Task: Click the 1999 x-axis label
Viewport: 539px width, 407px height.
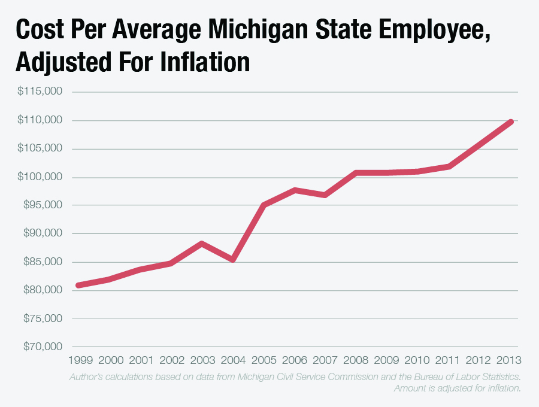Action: pos(80,360)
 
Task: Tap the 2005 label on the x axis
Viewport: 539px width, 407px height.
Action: pos(264,360)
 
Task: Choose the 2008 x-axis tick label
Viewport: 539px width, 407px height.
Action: pos(356,360)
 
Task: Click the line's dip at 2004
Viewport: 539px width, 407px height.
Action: pos(232,260)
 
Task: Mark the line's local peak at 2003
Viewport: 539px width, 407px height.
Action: pos(202,244)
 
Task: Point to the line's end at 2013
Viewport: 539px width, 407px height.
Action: pos(510,122)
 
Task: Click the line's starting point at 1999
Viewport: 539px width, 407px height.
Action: pos(79,285)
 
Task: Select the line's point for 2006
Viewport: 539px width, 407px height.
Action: pos(295,190)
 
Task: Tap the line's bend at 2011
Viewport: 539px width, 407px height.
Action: pos(449,166)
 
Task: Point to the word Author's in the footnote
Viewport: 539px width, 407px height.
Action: pos(89,377)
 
